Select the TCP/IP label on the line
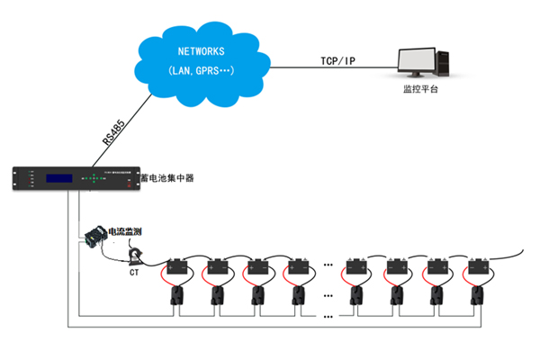click(338, 60)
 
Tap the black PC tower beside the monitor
click(447, 64)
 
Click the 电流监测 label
click(124, 232)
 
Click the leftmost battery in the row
click(178, 267)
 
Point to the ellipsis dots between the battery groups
click(329, 267)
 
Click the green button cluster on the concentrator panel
click(94, 179)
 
